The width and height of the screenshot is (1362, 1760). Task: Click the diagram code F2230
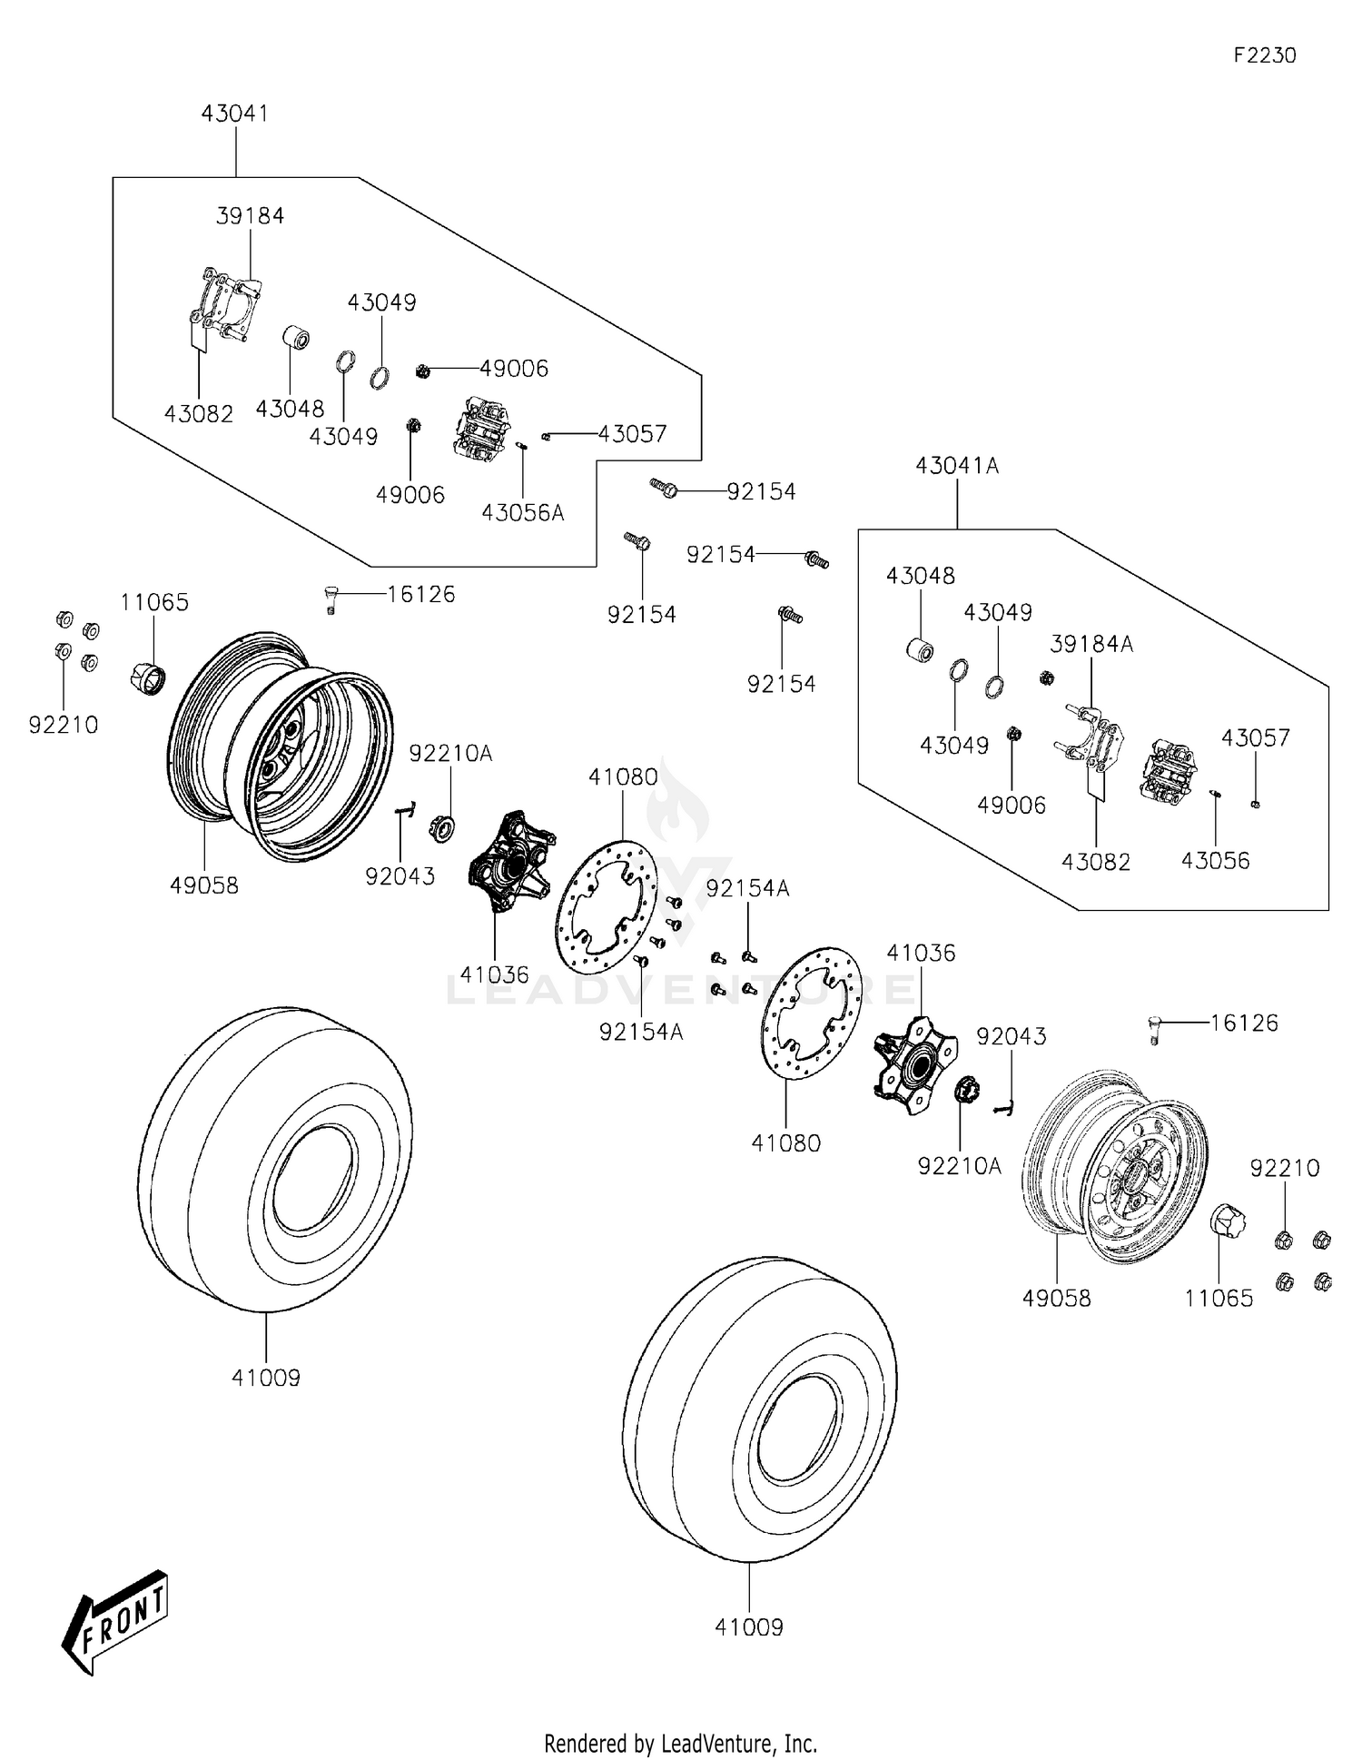tap(1264, 55)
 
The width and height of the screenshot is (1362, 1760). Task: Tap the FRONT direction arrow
tap(115, 1620)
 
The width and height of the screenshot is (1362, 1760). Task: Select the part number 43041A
tap(957, 466)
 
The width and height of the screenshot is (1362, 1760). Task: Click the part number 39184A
tap(1091, 644)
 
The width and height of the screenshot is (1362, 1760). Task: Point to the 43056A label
tap(522, 513)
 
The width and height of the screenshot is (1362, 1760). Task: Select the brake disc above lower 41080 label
tap(811, 1013)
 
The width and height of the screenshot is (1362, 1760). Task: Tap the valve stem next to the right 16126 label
tap(1154, 1031)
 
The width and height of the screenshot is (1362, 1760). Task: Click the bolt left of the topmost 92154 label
tap(664, 489)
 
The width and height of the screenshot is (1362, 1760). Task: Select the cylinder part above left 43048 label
tap(295, 339)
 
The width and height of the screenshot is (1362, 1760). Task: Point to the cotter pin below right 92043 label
tap(1004, 1106)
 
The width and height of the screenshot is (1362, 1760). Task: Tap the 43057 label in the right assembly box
tap(1255, 738)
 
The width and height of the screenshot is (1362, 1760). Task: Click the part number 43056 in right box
tap(1215, 861)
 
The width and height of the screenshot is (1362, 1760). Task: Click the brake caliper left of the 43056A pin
tap(481, 428)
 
